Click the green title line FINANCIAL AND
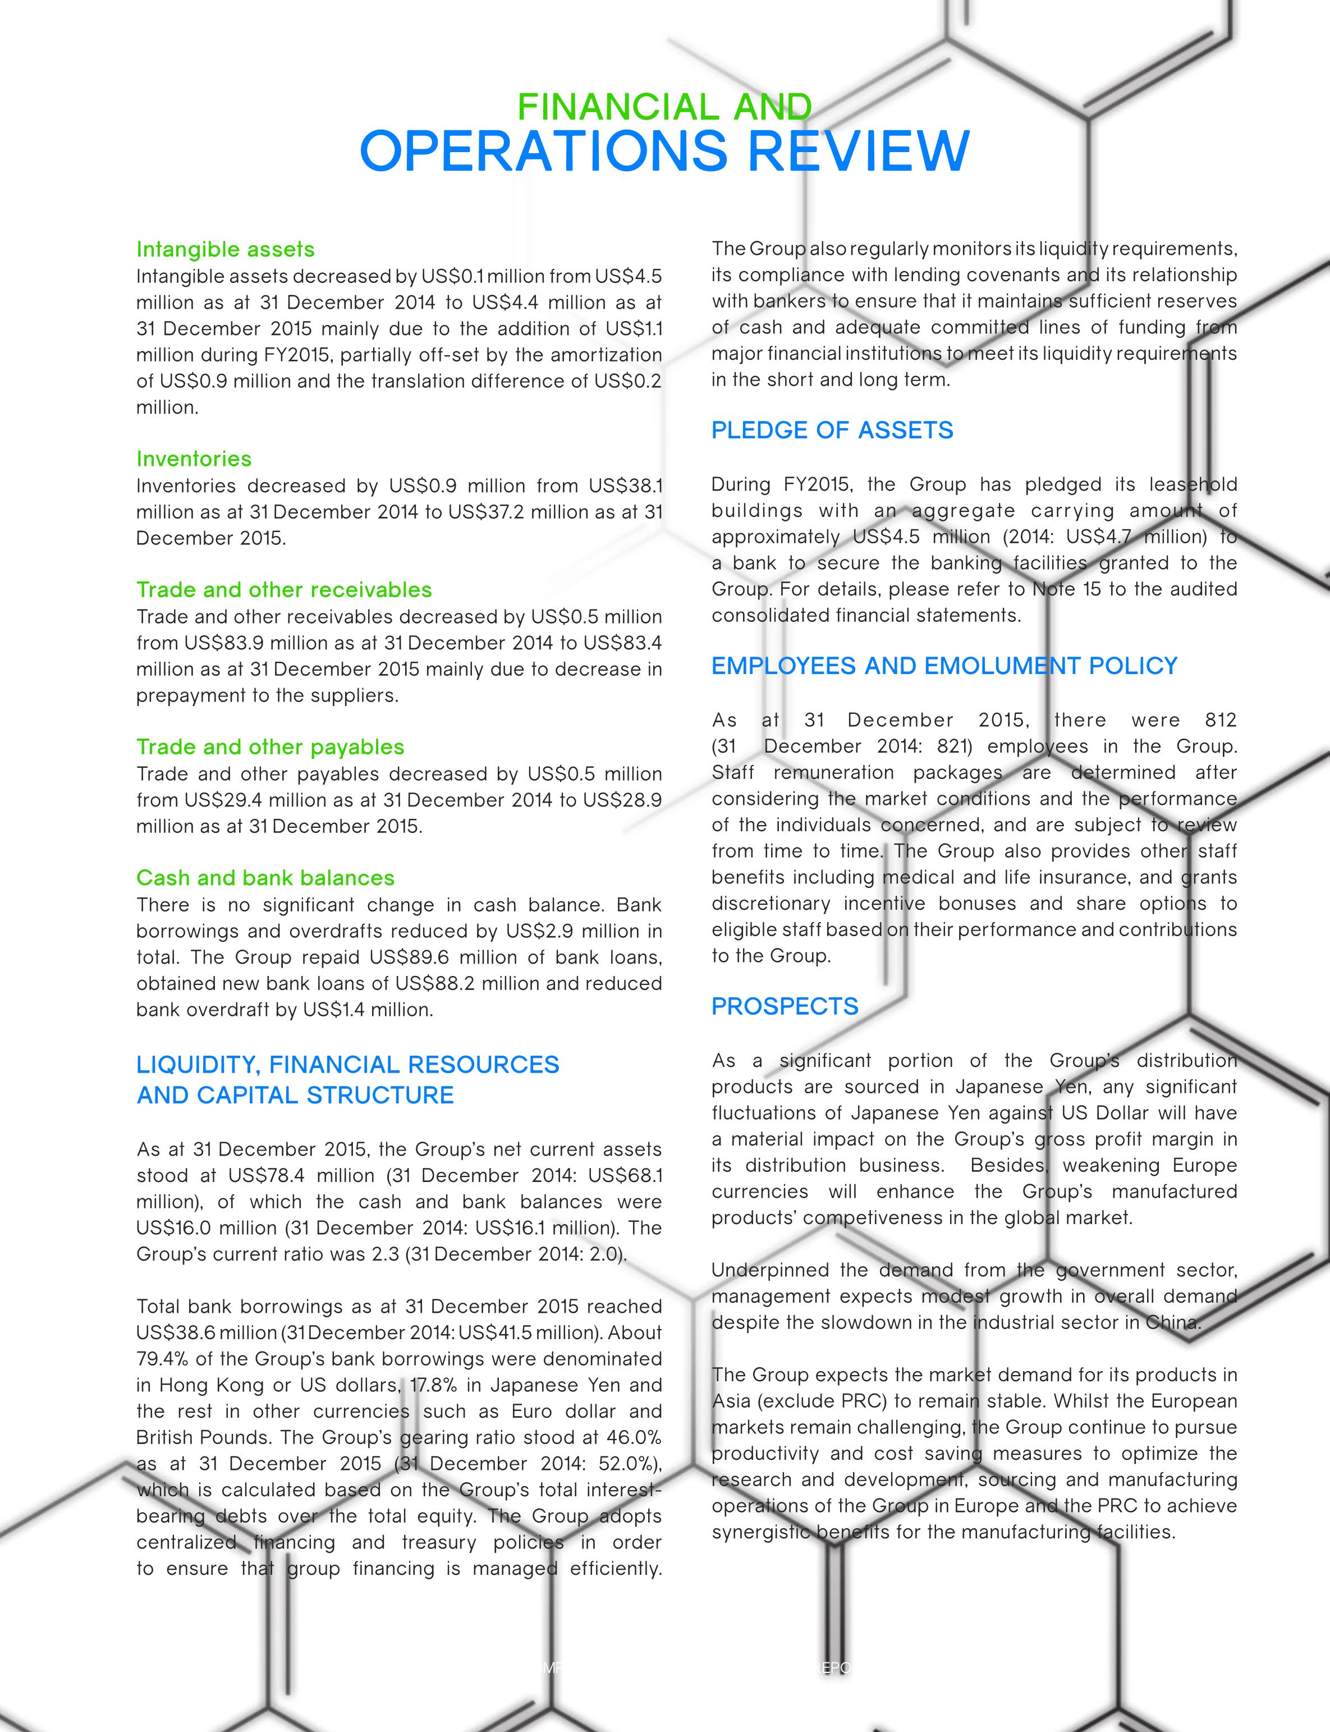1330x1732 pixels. (x=664, y=107)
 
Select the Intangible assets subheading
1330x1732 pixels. (x=226, y=249)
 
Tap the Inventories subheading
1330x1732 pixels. (x=194, y=459)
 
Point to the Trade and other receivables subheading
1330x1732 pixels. (x=284, y=590)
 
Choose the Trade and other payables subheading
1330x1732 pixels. (x=270, y=747)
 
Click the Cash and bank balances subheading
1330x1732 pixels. (x=265, y=878)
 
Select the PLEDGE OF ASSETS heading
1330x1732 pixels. (x=832, y=430)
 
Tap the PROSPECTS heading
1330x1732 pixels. (x=785, y=1006)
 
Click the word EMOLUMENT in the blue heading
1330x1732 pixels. (x=1004, y=667)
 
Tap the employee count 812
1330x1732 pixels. (x=1220, y=720)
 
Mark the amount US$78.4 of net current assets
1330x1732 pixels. (x=265, y=1175)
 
